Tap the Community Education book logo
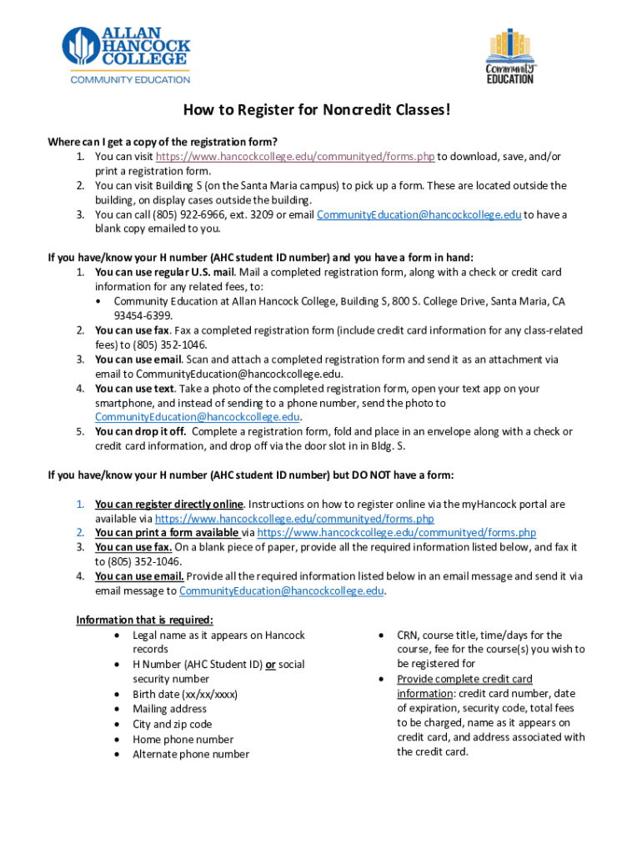point(509,56)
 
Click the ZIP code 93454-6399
point(143,316)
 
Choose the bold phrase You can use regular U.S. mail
point(165,273)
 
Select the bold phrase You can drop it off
point(140,432)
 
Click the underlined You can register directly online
point(169,505)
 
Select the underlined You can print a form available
point(168,533)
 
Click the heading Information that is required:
point(144,620)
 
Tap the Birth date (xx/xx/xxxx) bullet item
point(185,694)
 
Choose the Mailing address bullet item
point(169,709)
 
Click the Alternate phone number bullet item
point(191,754)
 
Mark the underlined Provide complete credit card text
point(464,679)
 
